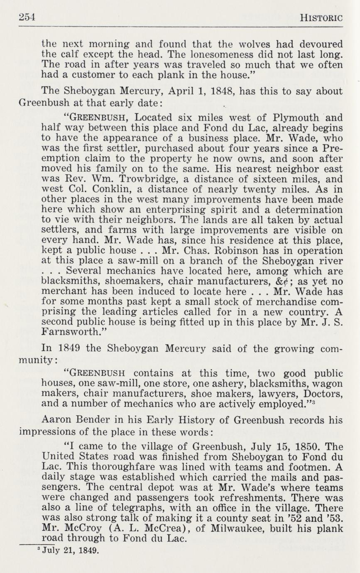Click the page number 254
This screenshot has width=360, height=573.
click(27, 17)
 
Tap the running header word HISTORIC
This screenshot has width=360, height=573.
click(321, 18)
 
